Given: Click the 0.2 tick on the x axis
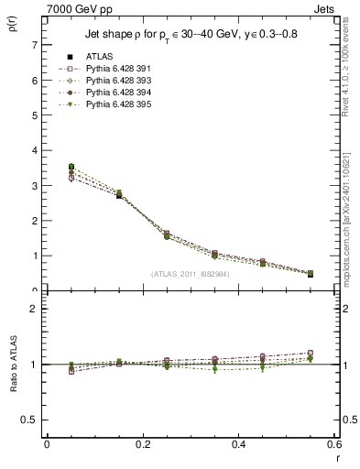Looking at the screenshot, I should (x=143, y=445).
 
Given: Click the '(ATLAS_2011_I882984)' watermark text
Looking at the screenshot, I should (x=191, y=273).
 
